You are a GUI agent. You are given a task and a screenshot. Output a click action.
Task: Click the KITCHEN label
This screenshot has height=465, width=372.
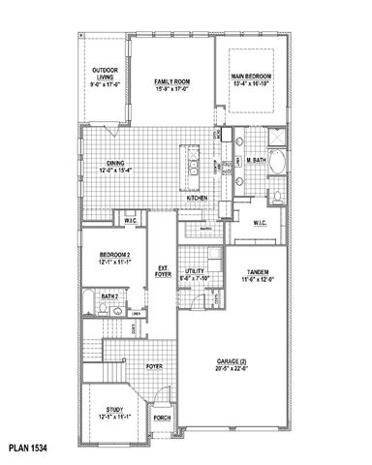coord(197,198)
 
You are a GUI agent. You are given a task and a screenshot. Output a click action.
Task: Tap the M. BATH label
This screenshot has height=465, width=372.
coord(256,159)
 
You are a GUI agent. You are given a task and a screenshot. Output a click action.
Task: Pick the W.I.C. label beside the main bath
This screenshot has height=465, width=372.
coord(261,223)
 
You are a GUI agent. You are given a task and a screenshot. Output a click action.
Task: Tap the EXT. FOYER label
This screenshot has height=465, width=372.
coord(162,271)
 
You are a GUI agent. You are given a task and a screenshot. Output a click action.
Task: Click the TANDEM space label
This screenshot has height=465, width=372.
coord(258,272)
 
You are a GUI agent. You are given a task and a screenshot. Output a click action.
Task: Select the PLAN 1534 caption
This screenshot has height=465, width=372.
coord(26,449)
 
